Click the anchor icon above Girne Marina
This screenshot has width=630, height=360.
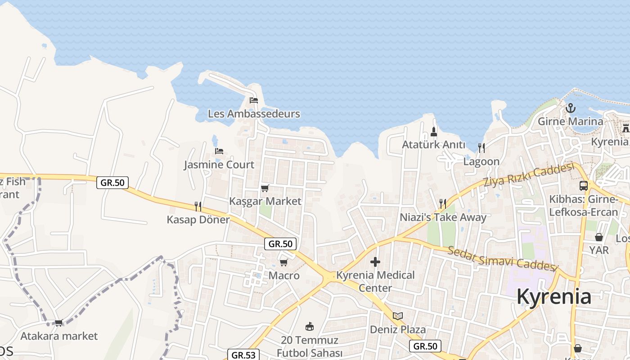click(571, 108)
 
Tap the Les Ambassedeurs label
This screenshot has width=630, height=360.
click(254, 114)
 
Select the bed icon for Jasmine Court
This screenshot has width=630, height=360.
click(219, 151)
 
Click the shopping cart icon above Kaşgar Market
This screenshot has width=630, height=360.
click(265, 188)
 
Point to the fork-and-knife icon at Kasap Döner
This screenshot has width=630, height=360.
click(198, 207)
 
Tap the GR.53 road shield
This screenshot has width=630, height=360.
click(243, 355)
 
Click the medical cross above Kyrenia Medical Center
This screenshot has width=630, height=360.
click(375, 262)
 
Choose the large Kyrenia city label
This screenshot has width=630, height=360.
click(554, 297)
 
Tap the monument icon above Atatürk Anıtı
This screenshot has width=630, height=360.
click(434, 131)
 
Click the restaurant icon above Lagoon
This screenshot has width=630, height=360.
click(481, 148)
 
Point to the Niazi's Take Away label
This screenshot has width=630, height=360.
click(443, 218)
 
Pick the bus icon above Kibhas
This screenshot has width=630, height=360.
click(584, 185)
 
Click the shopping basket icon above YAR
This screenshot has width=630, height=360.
click(599, 237)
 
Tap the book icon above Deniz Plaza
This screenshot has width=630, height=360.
click(398, 316)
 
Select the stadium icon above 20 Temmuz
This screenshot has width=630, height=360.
click(309, 326)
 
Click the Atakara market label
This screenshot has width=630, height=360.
click(59, 336)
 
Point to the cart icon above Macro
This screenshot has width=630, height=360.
click(283, 262)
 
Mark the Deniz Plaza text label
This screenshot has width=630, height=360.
click(398, 330)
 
